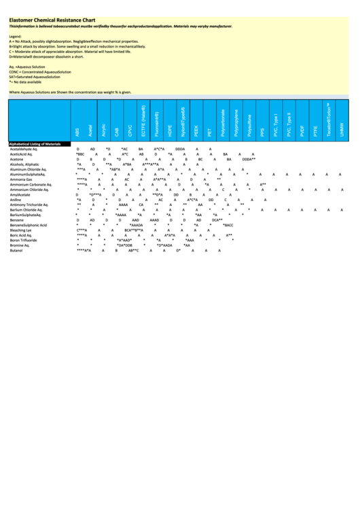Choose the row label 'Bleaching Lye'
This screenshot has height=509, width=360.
(21, 230)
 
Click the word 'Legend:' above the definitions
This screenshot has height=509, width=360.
(16, 35)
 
